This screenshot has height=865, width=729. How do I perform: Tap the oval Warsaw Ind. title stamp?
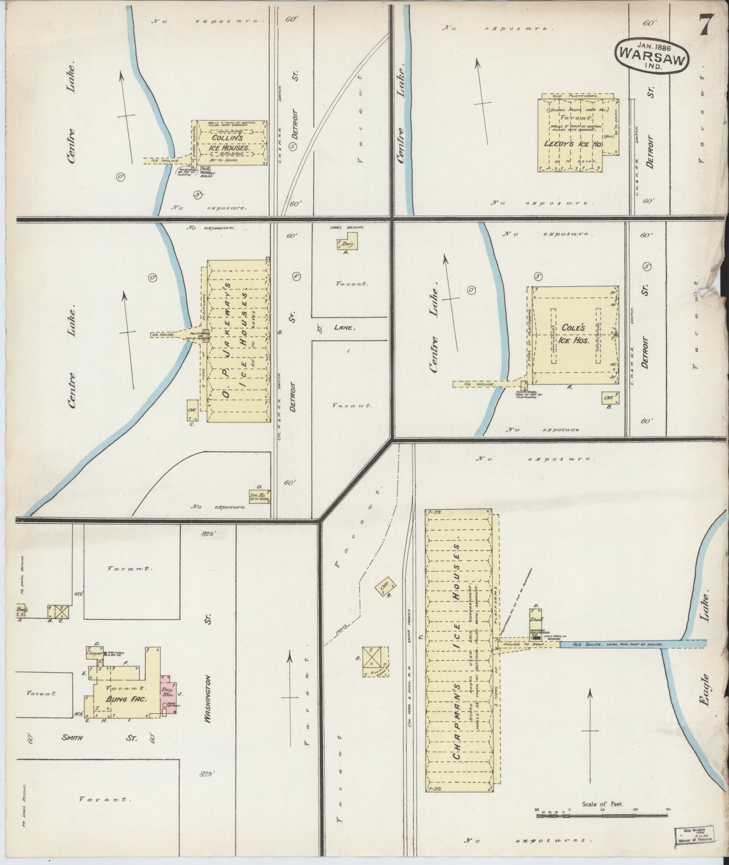(x=651, y=55)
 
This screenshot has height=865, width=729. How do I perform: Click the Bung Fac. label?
(x=119, y=699)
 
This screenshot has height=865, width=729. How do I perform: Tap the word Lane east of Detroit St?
(x=346, y=328)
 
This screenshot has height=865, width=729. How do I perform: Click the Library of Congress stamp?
(x=691, y=835)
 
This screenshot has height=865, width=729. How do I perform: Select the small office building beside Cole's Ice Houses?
(x=607, y=398)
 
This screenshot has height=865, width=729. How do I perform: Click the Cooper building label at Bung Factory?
(x=95, y=654)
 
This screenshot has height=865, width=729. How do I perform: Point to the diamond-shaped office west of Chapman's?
(x=384, y=587)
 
